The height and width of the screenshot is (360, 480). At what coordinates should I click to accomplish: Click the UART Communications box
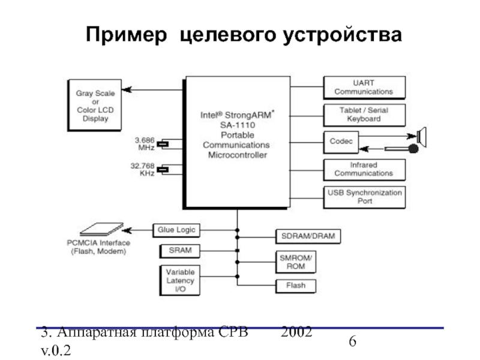tap(364, 88)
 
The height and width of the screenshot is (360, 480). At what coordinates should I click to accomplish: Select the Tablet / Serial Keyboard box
tap(364, 115)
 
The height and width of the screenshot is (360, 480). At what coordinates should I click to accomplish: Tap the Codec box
tap(341, 142)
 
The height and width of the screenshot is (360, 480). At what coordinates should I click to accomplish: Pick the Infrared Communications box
tap(364, 169)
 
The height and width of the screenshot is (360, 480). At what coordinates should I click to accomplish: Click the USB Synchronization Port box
tap(364, 197)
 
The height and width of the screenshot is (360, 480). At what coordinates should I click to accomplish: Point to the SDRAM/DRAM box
tap(308, 236)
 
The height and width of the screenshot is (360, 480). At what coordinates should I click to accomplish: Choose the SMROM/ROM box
tap(296, 261)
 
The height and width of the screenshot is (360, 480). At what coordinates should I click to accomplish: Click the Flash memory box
tap(296, 286)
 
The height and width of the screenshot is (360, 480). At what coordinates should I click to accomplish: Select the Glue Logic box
tap(176, 229)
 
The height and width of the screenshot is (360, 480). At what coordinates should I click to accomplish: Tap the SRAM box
tap(176, 250)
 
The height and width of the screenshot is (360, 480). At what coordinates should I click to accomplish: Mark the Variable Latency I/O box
tap(176, 280)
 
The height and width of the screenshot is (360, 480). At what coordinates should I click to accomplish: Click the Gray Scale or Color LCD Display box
tap(95, 106)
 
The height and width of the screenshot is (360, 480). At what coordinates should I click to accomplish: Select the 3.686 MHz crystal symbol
tap(168, 144)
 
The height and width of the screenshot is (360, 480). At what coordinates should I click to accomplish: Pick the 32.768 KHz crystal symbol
tap(168, 169)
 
